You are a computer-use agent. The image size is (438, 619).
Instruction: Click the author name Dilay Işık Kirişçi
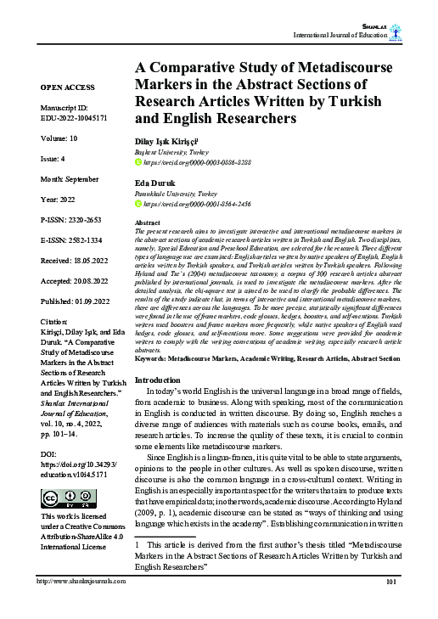[x=166, y=139]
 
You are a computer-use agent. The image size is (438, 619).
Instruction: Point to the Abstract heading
[x=149, y=222]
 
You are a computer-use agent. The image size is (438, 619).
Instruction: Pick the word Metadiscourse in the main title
[x=346, y=68]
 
